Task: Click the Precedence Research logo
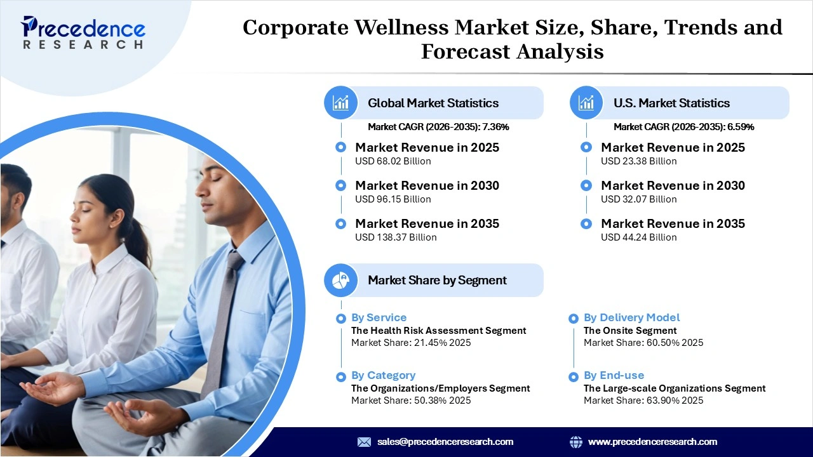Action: click(x=83, y=32)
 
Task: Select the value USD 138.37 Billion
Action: click(x=396, y=237)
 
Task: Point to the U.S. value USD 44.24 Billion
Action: click(x=638, y=237)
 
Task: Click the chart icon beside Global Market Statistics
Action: click(x=341, y=103)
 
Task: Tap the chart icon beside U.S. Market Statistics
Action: click(x=586, y=103)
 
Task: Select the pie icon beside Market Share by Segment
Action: click(x=341, y=280)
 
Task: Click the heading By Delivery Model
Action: click(x=631, y=317)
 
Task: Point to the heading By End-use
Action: click(x=614, y=375)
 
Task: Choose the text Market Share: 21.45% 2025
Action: click(x=411, y=343)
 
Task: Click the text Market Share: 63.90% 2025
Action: click(x=643, y=401)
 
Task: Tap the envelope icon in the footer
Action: click(x=364, y=442)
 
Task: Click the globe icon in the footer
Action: click(x=576, y=442)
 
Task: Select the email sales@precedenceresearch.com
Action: click(x=445, y=442)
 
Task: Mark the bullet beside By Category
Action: click(x=341, y=376)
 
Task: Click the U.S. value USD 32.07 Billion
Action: click(x=638, y=199)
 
